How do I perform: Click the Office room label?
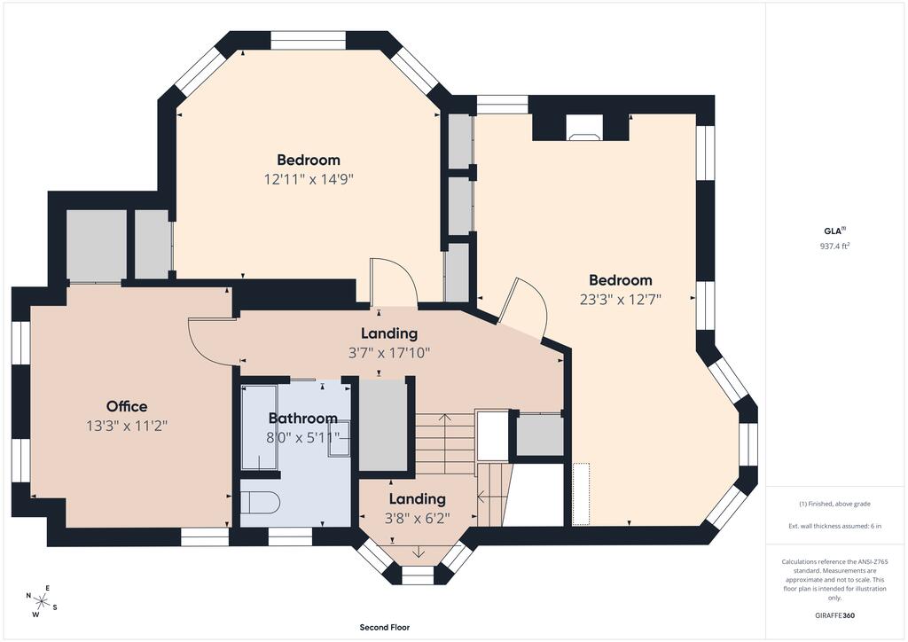[126, 406]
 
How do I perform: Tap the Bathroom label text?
[303, 418]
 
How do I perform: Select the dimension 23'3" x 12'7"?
[620, 300]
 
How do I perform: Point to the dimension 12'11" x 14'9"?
[309, 179]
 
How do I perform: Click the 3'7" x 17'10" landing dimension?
[389, 353]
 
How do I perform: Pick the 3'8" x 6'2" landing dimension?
[417, 518]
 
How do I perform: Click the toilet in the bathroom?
[260, 501]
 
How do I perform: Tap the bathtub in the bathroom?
[259, 427]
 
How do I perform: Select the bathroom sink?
[340, 439]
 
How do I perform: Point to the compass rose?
[42, 601]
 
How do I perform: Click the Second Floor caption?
[385, 627]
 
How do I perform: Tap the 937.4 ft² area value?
[834, 246]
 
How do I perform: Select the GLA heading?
[834, 231]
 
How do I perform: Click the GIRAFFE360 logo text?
[834, 615]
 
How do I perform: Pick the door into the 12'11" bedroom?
[394, 282]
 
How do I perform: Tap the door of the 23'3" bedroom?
[523, 308]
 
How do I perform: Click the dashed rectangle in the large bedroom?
[581, 494]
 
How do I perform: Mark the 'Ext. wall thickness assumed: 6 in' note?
[834, 526]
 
